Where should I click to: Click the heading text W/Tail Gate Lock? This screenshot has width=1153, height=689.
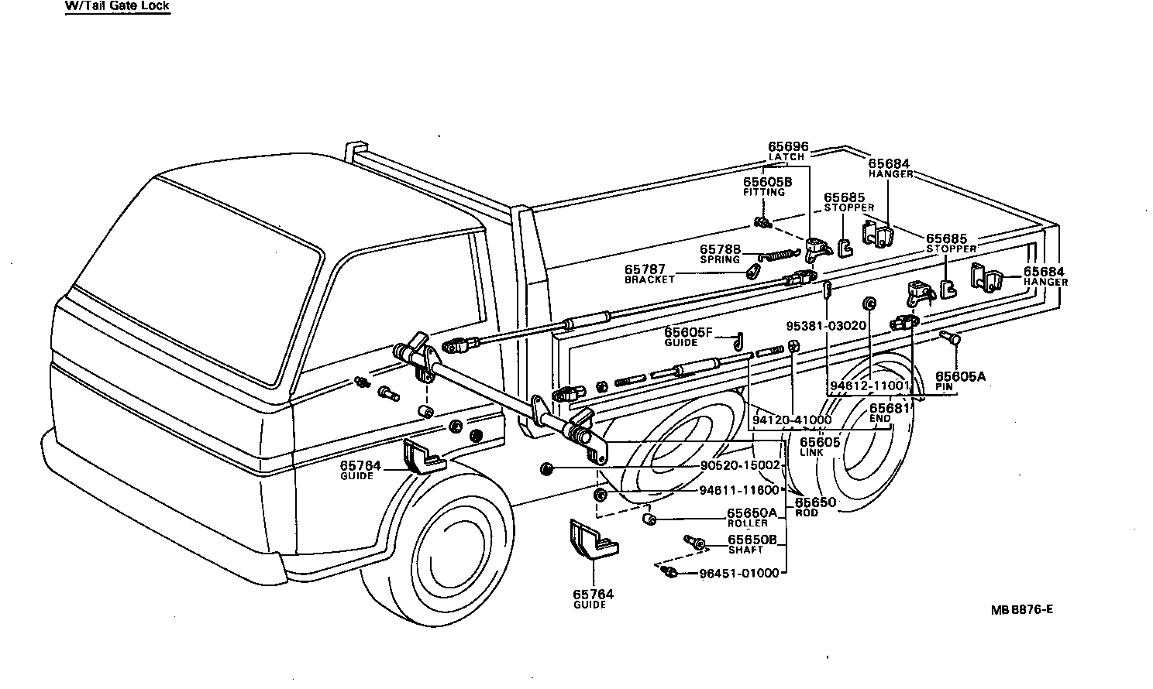[x=117, y=6]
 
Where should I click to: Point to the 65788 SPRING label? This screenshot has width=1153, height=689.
[x=720, y=254]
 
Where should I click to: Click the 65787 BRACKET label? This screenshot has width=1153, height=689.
[x=649, y=274]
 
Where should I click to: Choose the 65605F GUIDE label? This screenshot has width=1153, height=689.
[x=687, y=337]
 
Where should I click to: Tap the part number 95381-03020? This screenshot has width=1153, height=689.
[x=825, y=325]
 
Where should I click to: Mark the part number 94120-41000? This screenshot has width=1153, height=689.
[x=791, y=420]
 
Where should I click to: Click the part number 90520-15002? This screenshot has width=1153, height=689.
[x=739, y=465]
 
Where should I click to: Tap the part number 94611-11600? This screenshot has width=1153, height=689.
[x=738, y=491]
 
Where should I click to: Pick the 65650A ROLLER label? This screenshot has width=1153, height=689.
[x=751, y=516]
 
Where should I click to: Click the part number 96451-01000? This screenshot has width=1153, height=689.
[x=738, y=573]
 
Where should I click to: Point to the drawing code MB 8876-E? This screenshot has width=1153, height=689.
[x=1021, y=608]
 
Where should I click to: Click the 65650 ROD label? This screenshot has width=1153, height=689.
[x=815, y=506]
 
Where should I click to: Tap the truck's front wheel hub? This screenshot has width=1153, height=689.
[x=450, y=552]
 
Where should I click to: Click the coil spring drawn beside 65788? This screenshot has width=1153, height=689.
[x=777, y=254]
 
